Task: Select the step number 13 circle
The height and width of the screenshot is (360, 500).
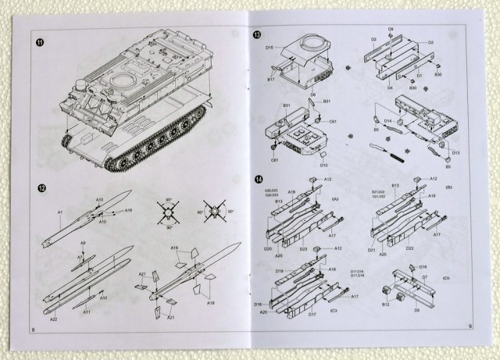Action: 259,35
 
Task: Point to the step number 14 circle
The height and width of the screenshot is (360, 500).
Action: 259,180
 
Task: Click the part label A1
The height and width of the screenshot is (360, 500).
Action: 59,212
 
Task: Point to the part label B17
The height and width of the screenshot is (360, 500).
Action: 272,79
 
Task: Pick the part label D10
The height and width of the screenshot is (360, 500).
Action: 325,166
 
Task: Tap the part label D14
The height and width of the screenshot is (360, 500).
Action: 387,121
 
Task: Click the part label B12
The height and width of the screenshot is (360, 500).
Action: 385,305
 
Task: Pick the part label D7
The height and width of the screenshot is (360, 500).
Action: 424,276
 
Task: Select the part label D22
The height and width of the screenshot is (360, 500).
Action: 409,248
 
